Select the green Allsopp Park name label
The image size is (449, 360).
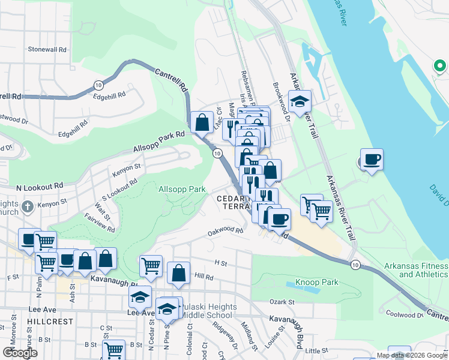tap(182, 189)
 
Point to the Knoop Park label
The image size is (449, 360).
tap(317, 282)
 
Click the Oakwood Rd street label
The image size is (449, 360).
tap(224, 230)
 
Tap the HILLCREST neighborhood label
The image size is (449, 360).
tap(50, 322)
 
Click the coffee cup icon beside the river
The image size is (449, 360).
tap(372, 160)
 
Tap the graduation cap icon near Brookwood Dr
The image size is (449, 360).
tap(300, 102)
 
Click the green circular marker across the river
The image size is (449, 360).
tap(439, 66)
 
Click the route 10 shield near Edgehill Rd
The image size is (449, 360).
tap(97, 86)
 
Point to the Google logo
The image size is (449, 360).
tap(20, 353)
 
